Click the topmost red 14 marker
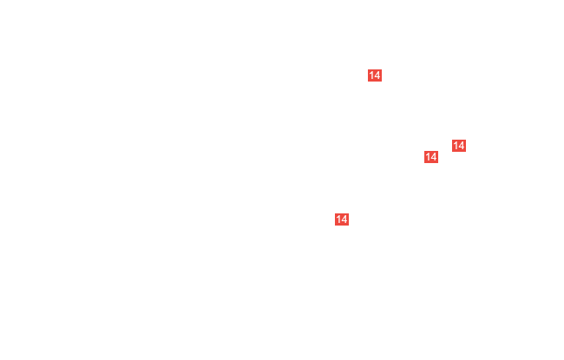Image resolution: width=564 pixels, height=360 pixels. point(375,75)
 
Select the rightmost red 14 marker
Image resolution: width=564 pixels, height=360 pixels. point(459,146)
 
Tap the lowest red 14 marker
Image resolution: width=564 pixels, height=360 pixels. point(342,219)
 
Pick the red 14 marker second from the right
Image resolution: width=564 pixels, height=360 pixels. point(431,157)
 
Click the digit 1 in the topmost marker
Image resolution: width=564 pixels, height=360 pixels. point(371,75)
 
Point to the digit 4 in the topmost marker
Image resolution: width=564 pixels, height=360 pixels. point(377,75)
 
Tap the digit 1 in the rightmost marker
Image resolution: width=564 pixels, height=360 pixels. point(456,146)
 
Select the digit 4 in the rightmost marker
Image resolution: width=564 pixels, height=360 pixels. point(462,146)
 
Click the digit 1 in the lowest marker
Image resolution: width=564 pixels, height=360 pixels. point(338,219)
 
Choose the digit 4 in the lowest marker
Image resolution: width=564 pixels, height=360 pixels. point(344,219)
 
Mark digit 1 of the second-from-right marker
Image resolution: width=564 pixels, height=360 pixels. point(428,157)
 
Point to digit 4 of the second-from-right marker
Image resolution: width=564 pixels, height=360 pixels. point(434,157)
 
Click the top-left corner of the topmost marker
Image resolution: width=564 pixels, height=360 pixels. point(368,69)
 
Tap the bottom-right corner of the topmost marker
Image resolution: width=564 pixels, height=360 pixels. point(382,82)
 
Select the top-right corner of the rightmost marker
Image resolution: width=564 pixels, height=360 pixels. point(466,140)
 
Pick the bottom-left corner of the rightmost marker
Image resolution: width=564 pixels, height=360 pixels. point(452,152)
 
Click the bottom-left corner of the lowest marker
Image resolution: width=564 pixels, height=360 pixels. point(335,226)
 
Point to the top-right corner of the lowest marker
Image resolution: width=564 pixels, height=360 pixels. point(349,213)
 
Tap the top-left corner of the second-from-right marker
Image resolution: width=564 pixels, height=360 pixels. point(424,151)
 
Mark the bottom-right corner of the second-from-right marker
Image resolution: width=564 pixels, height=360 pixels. point(438,163)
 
